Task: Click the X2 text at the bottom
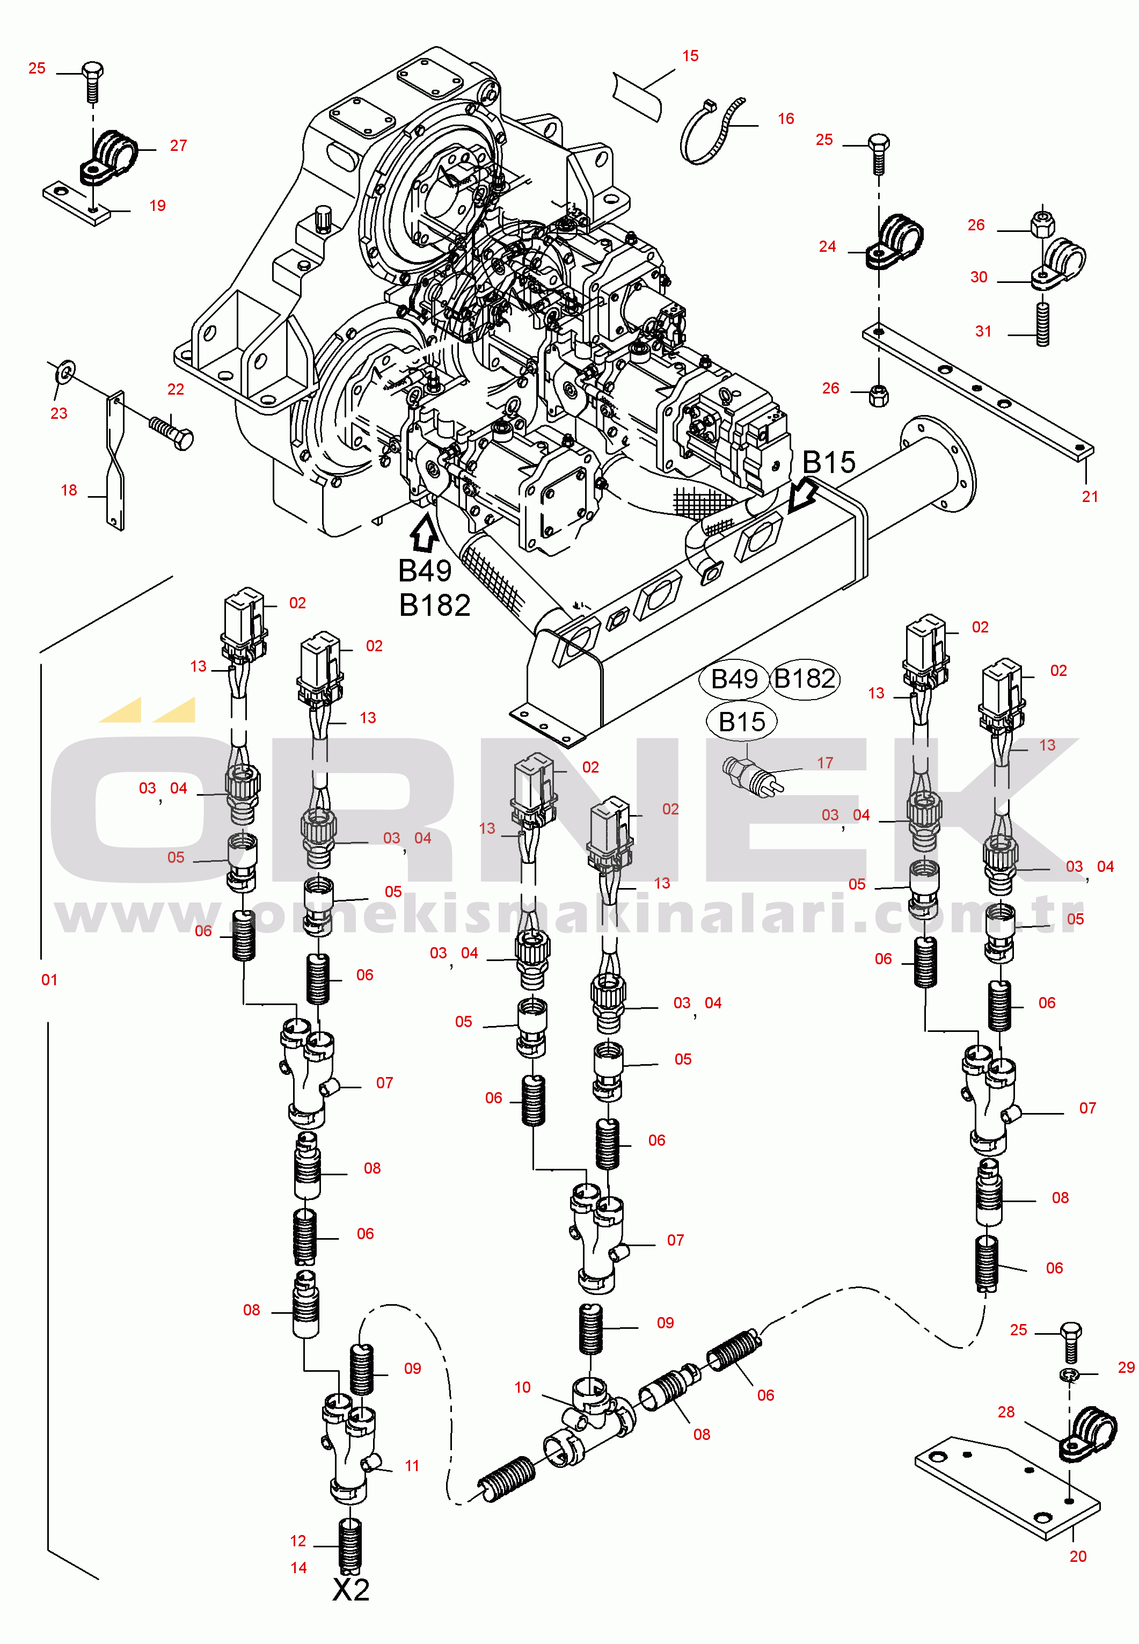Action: (351, 1589)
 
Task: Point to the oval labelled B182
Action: (804, 678)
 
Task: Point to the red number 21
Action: (1090, 496)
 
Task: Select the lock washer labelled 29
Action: (1068, 1375)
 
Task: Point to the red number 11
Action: (412, 1466)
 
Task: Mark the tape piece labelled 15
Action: (637, 96)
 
